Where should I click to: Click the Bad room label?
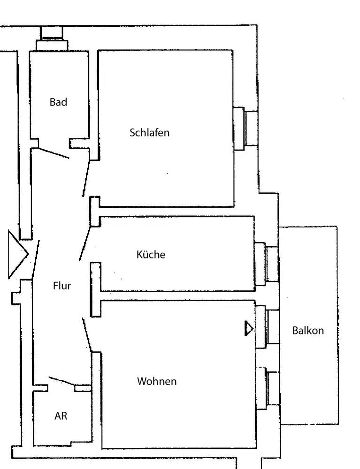tap(58, 102)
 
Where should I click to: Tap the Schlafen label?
tap(149, 132)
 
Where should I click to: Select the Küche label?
tap(151, 255)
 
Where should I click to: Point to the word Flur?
tap(62, 285)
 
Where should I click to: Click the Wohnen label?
tap(157, 381)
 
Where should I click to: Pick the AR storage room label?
tap(61, 416)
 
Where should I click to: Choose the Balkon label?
tap(308, 330)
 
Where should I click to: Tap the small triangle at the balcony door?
tap(248, 329)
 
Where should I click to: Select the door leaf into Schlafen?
tap(86, 177)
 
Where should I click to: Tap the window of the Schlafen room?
tap(245, 128)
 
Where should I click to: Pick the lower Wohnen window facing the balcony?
tap(268, 387)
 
